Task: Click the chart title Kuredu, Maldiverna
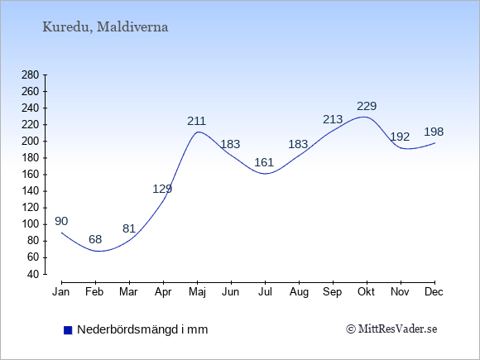coord(105,27)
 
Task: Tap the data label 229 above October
coord(367,106)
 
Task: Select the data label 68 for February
coord(95,239)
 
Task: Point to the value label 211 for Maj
coord(196,121)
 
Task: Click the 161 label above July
coord(264,162)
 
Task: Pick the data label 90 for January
coord(61,221)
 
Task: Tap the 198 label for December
coord(434,132)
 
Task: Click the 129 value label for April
coord(162,189)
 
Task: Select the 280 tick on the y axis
coord(30,75)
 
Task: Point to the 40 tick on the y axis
coord(33,274)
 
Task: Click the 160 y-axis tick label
coord(30,175)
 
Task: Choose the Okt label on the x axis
coord(366,292)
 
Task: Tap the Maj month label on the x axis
coord(197,292)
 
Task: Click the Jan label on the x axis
coord(61,292)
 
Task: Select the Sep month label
coord(333,292)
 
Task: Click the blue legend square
coord(68,330)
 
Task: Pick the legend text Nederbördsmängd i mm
coord(142,329)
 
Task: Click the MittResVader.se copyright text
coord(391,329)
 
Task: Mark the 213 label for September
coord(333,119)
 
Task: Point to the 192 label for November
coord(400,137)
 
